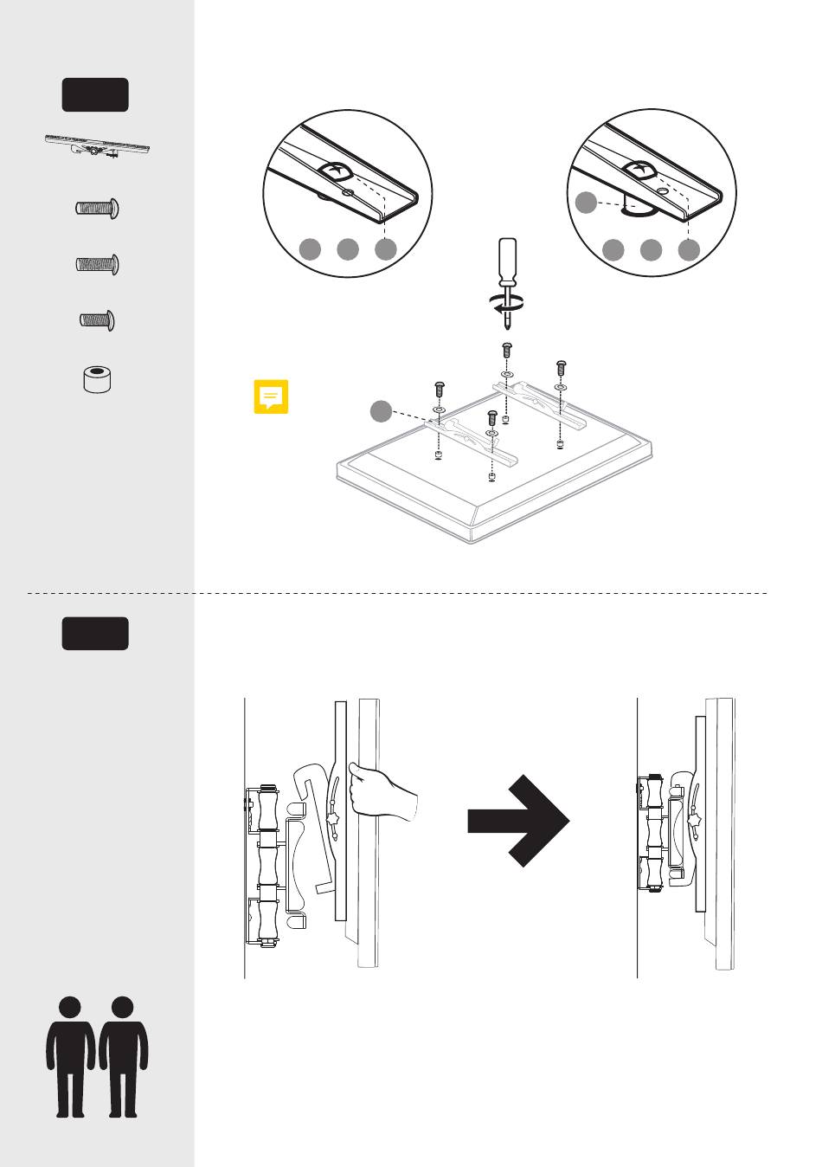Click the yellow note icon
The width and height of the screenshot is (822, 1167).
271,397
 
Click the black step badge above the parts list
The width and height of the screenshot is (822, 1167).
95,94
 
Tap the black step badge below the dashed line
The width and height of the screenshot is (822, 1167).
95,634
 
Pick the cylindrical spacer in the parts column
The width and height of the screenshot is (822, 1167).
98,379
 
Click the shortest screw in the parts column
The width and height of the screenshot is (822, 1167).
97,321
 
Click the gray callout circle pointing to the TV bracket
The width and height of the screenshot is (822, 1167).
381,412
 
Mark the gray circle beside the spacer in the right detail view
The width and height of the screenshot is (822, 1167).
586,203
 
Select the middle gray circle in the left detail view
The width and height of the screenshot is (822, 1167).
347,249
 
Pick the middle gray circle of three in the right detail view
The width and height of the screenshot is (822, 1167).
651,250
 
